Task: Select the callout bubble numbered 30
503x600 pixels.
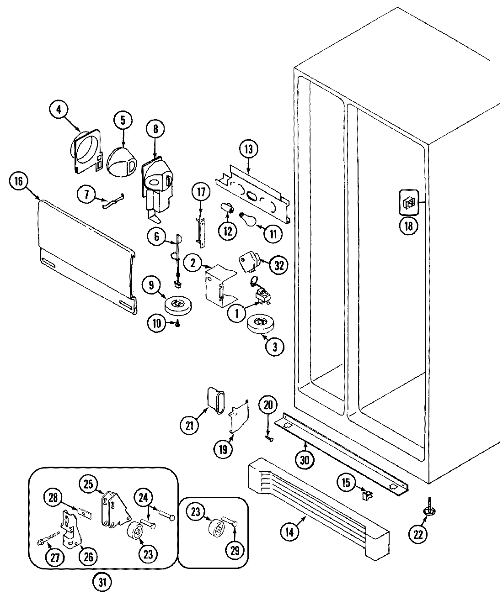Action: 305,459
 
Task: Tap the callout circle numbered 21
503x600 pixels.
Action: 189,425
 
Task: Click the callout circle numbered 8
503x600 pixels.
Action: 155,130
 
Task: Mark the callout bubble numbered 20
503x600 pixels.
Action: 268,405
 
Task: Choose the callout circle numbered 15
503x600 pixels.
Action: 347,483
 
